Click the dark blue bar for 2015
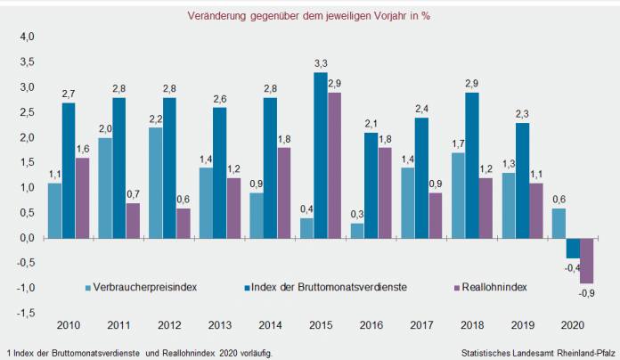(x=321, y=156)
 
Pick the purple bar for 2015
(x=335, y=166)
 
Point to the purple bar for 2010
(x=82, y=198)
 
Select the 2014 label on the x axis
(x=271, y=325)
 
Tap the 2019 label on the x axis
(x=524, y=325)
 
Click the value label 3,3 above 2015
(x=321, y=63)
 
